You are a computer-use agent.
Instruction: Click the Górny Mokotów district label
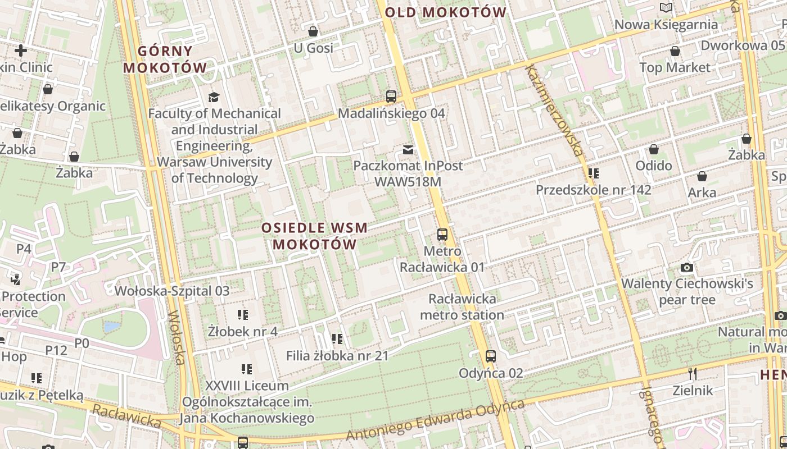point(165,59)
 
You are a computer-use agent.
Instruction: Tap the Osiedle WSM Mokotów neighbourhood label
point(315,236)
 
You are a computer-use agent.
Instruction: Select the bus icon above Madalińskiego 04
point(391,96)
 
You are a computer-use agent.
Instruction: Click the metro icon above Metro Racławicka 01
point(442,235)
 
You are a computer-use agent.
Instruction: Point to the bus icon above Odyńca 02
point(491,356)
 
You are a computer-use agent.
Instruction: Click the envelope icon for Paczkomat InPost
point(408,149)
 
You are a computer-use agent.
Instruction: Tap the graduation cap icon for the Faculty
point(214,97)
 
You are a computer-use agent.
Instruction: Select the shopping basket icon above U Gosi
point(313,31)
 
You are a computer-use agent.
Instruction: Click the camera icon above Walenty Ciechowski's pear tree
point(686,267)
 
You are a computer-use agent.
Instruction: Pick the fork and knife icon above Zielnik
point(693,373)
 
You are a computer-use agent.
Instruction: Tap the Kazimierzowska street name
point(553,109)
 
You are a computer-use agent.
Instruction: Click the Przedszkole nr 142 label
point(593,190)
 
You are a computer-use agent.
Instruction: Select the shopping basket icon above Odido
point(654,149)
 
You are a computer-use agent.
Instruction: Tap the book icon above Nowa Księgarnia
point(666,8)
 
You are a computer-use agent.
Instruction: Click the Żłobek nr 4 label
point(242,331)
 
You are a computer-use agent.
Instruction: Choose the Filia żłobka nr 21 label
point(337,355)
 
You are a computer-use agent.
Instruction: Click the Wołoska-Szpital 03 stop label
point(172,291)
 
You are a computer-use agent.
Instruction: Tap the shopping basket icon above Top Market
point(675,52)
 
